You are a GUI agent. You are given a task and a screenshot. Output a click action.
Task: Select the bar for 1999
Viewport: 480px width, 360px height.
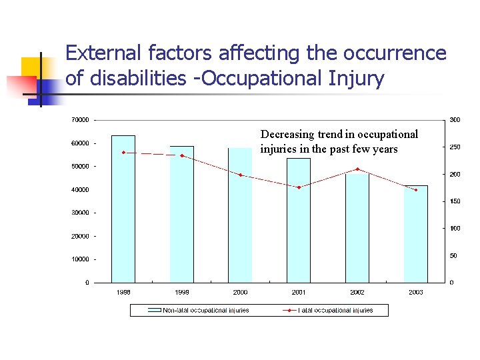tap(181, 214)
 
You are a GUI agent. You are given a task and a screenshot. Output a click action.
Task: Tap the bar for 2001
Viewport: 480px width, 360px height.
tap(299, 220)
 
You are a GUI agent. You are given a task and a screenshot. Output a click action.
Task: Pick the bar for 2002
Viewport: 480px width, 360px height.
tap(357, 227)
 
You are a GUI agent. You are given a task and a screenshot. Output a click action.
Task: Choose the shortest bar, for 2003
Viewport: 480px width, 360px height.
tap(415, 234)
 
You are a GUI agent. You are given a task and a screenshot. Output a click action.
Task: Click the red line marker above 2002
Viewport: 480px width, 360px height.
tap(357, 169)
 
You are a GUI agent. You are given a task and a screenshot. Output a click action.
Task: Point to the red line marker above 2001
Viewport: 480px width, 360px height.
tap(299, 187)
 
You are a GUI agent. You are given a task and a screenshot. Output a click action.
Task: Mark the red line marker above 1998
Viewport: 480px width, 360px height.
tap(123, 153)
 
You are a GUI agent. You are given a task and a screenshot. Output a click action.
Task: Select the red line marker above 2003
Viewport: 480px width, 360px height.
tap(415, 190)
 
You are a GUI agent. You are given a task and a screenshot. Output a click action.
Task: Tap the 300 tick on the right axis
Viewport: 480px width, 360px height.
tap(455, 120)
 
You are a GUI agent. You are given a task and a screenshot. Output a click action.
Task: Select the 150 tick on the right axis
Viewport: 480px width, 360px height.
tap(455, 201)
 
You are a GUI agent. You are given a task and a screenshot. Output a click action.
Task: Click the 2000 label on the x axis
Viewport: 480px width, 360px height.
tap(240, 292)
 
